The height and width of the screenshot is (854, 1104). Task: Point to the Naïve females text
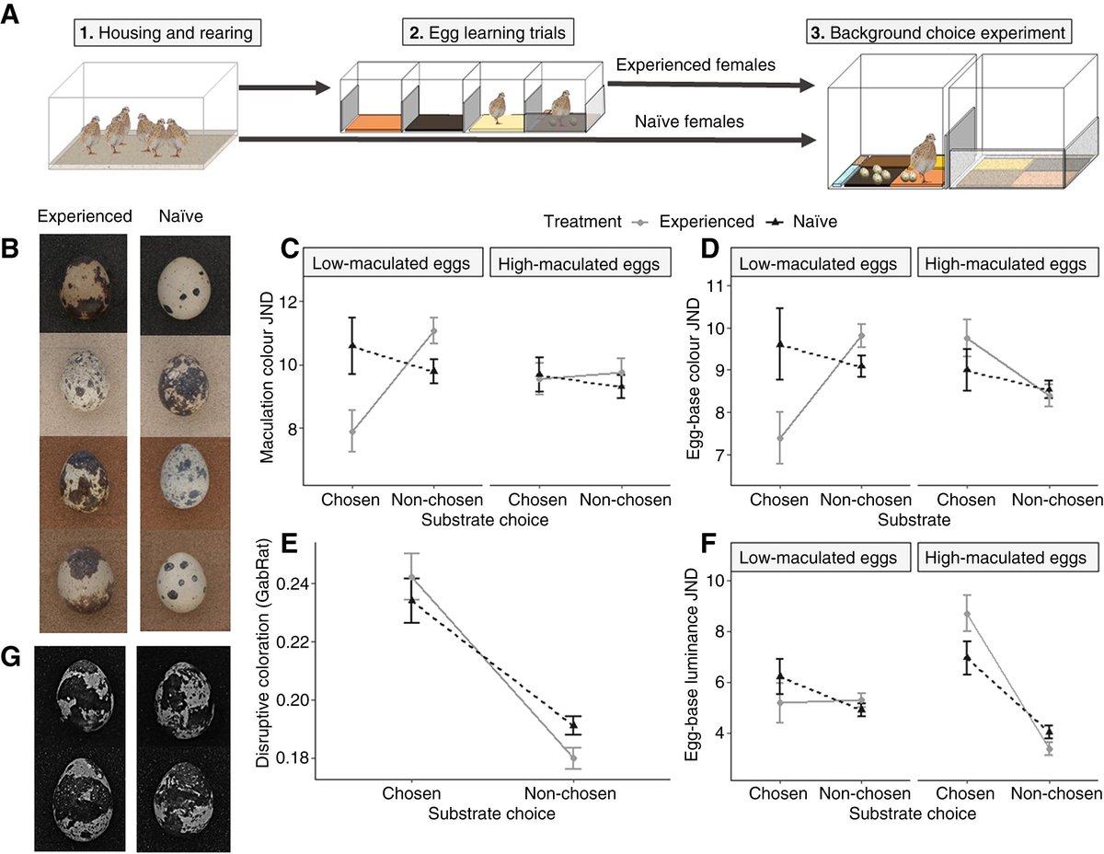click(675, 121)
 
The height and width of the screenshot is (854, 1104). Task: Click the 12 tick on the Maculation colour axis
click(289, 302)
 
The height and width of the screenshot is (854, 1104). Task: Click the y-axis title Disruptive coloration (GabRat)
click(264, 662)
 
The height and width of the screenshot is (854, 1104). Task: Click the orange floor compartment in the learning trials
click(373, 121)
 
